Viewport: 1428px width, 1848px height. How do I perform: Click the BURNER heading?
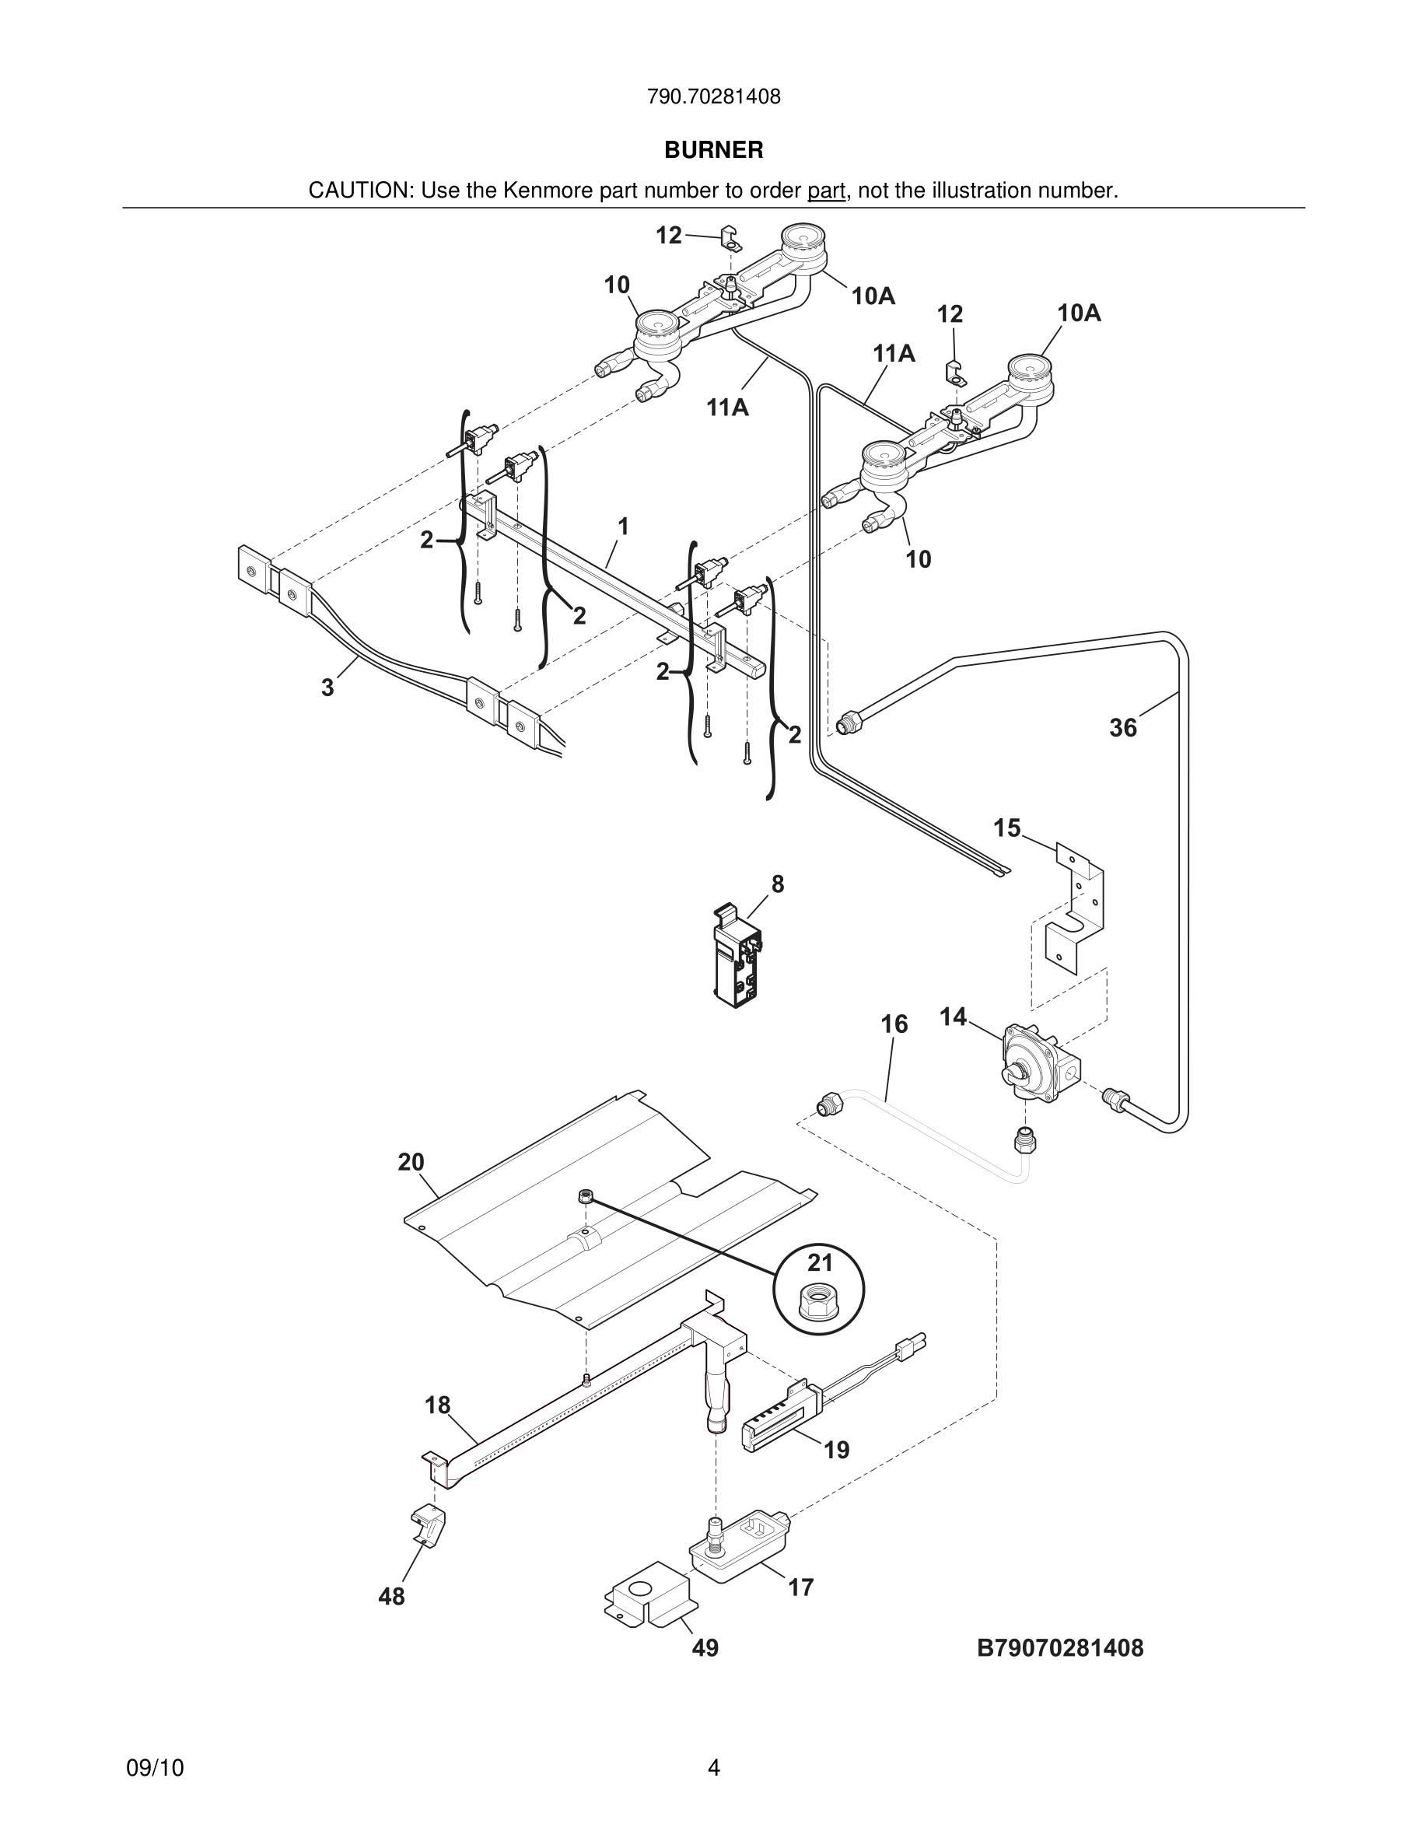[x=713, y=150]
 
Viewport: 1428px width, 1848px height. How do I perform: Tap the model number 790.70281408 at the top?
[x=713, y=97]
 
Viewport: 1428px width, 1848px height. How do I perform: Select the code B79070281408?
[x=1059, y=1647]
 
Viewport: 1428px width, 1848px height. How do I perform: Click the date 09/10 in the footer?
[x=155, y=1768]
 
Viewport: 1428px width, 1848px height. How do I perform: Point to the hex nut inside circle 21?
[x=819, y=1303]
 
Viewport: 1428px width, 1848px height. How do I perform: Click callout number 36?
[x=1122, y=728]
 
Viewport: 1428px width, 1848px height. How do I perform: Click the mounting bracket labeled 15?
[x=1076, y=910]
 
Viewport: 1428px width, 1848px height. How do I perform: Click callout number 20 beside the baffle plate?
[x=411, y=1163]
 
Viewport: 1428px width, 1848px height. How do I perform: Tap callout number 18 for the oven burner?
[x=437, y=1405]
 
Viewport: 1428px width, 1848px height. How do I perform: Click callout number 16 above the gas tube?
[x=894, y=1024]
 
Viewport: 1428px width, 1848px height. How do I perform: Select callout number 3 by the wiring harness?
[x=328, y=688]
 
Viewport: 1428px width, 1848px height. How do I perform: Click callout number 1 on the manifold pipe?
[x=624, y=527]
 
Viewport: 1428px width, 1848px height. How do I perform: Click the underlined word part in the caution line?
[x=826, y=191]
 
